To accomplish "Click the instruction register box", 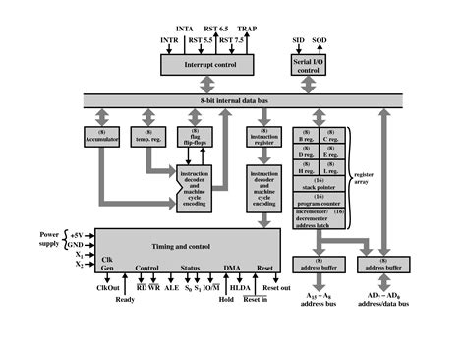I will (x=262, y=136).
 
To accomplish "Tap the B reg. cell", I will (x=307, y=135).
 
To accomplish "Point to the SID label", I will (x=299, y=40).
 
